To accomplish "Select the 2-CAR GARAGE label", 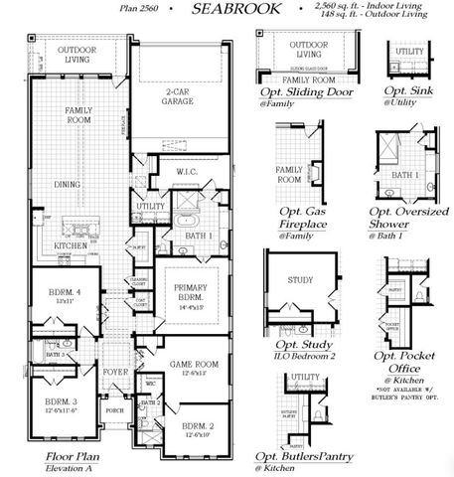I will (x=180, y=97).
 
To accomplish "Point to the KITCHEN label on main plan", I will (x=71, y=244).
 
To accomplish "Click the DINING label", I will (x=68, y=184).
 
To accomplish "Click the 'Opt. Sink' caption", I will (x=406, y=92).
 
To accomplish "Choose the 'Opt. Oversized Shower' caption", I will (x=407, y=219).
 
